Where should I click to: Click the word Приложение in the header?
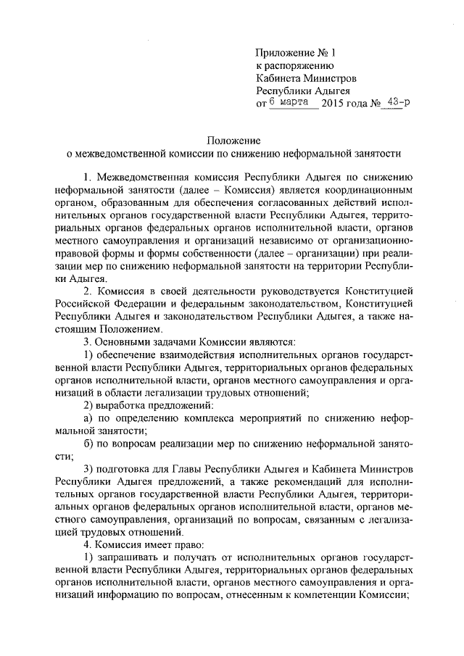coord(285,52)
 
